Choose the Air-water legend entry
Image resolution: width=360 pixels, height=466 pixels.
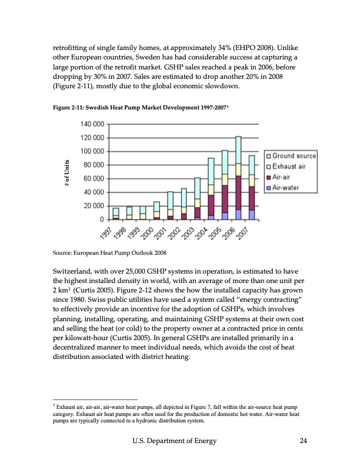pyautogui.click(x=287, y=188)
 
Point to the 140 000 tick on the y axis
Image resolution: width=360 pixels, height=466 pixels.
pyautogui.click(x=91, y=125)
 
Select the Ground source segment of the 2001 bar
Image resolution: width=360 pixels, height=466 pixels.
pyautogui.click(x=171, y=200)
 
